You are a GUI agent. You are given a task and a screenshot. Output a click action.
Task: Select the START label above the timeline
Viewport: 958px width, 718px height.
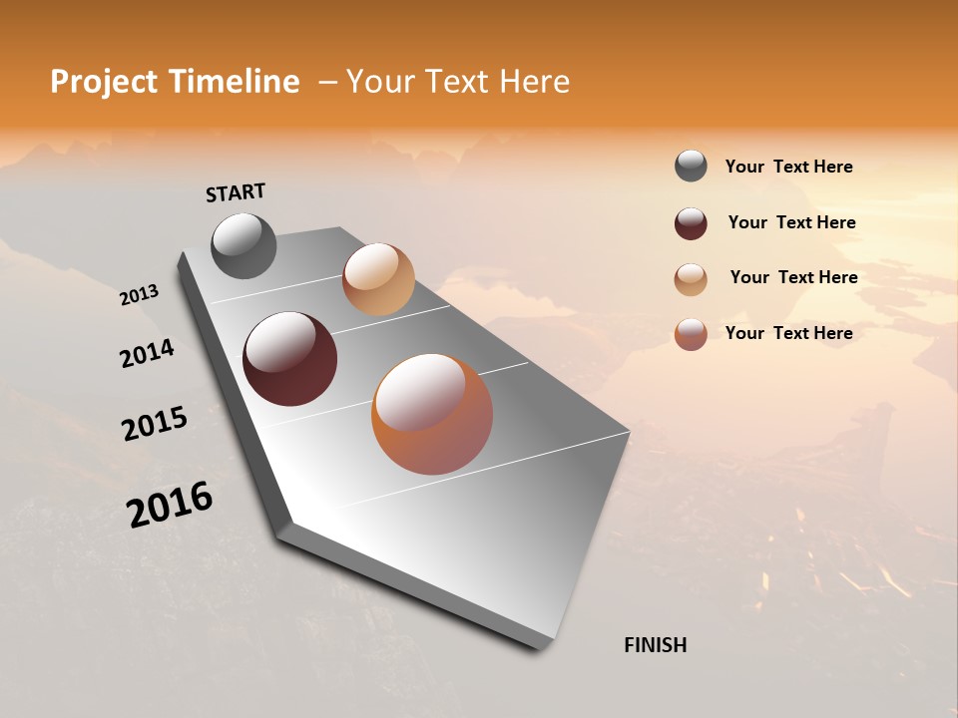(236, 192)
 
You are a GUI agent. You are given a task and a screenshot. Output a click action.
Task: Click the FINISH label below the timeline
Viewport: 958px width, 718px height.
(655, 645)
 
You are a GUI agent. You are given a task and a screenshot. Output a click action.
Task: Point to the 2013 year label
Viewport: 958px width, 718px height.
(139, 295)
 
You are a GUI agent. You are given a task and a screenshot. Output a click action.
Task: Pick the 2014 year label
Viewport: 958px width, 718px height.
(147, 354)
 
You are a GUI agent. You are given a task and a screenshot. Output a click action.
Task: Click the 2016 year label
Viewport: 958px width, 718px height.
(169, 505)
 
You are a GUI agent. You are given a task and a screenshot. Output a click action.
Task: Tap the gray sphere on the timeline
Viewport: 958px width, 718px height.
(243, 245)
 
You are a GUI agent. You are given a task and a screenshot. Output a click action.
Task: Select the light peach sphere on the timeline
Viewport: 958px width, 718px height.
(378, 279)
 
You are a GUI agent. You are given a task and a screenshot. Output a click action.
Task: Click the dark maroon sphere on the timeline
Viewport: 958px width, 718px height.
(289, 359)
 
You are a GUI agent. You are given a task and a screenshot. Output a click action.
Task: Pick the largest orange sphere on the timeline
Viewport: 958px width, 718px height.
(432, 414)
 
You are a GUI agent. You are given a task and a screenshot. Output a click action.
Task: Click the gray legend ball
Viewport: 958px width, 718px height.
(691, 167)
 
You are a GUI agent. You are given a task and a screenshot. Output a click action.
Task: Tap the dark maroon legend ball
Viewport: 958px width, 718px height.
(691, 223)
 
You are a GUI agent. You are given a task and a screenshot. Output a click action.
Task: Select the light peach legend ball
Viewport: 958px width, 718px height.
(691, 278)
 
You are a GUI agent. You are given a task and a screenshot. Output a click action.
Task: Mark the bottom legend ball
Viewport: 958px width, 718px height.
(691, 334)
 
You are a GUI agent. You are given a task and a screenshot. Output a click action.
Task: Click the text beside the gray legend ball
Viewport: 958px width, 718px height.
(788, 168)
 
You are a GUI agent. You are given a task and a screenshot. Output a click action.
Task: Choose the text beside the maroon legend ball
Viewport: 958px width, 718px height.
(791, 222)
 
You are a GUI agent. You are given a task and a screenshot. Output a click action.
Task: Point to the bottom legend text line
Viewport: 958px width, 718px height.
(788, 333)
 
